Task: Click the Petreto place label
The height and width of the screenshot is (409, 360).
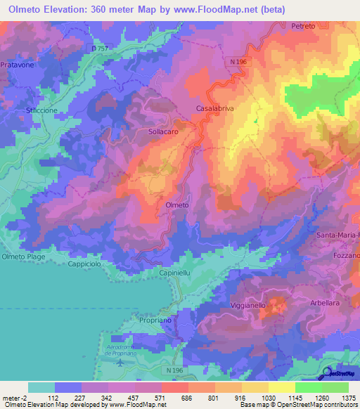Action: pos(303,25)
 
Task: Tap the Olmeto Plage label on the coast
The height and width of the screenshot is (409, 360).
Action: pos(24,257)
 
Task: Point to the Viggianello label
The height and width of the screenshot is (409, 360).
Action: pos(248,306)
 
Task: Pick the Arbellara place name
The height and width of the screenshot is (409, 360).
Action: pos(326,303)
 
